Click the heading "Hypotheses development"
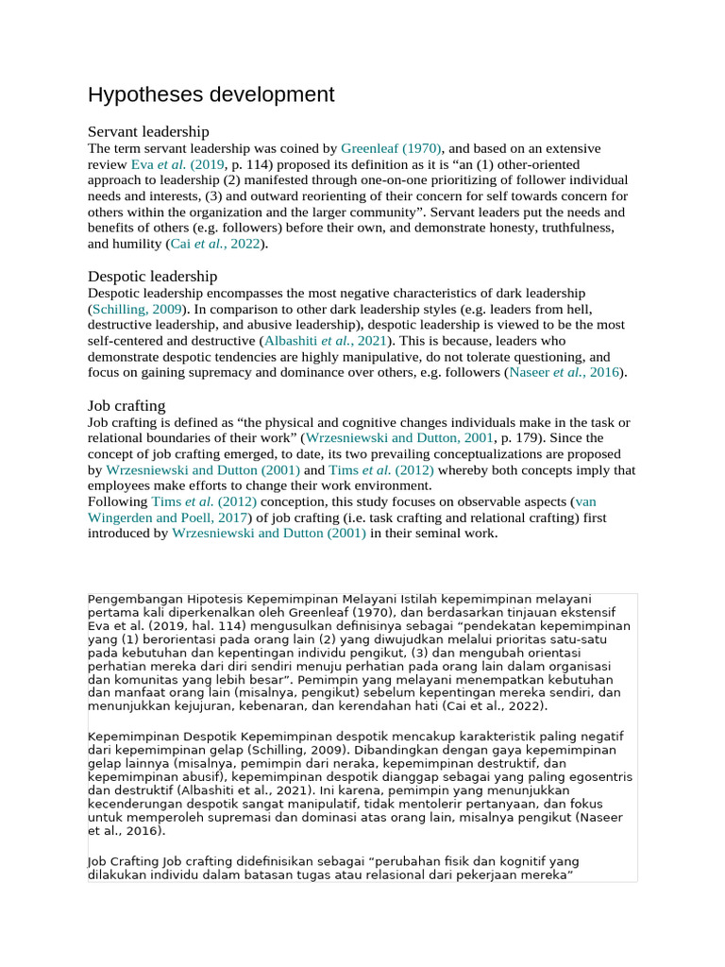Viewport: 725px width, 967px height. pos(211,94)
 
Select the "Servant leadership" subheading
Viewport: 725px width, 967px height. pos(148,131)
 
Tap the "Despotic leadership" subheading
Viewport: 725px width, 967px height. pos(152,276)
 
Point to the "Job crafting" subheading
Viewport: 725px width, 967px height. pos(126,405)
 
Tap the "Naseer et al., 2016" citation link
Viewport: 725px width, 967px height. pos(565,372)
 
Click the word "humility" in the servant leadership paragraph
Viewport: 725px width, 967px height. pos(137,244)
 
